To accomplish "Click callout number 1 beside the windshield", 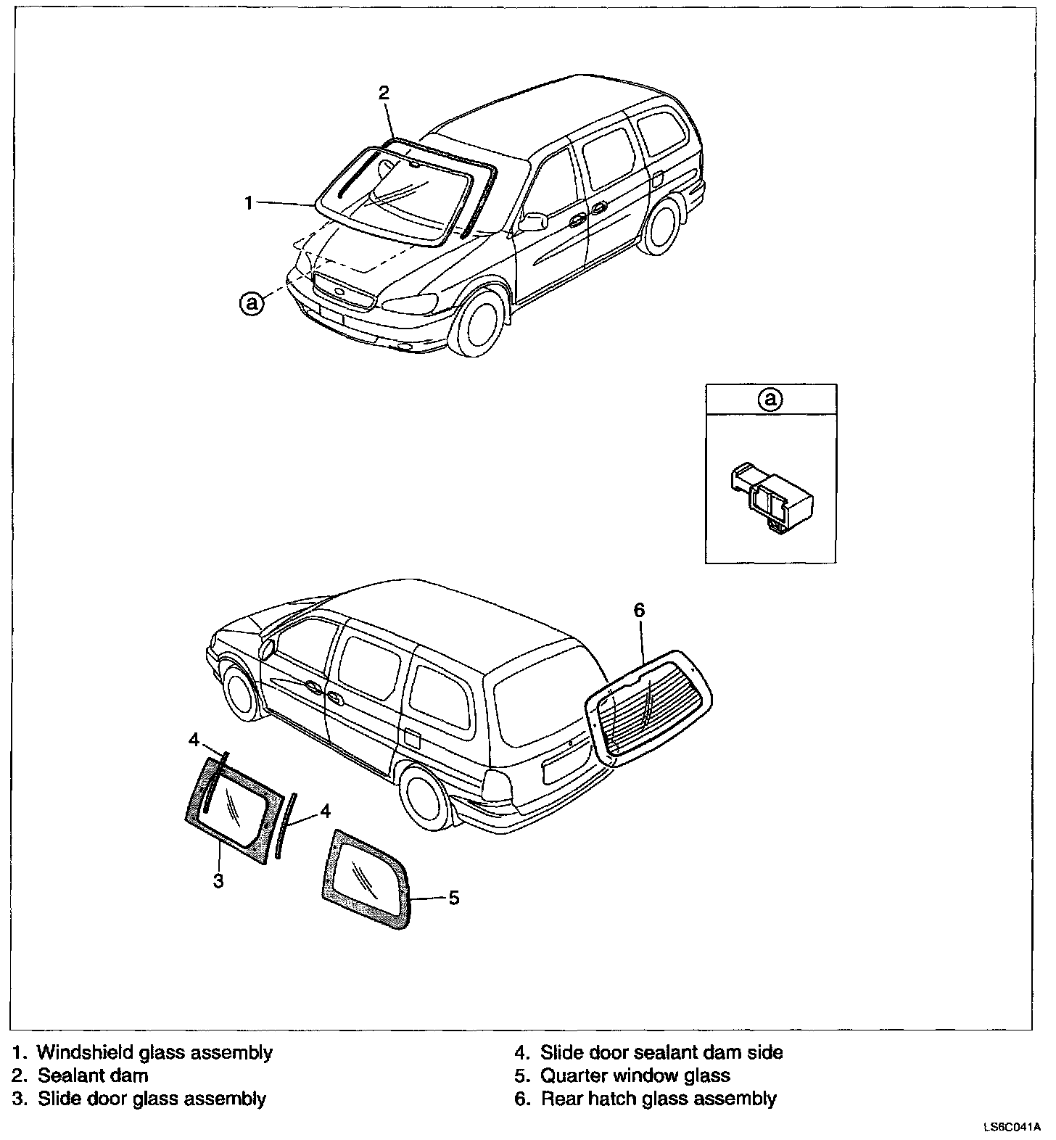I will pos(249,204).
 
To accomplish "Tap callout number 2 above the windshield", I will pos(384,93).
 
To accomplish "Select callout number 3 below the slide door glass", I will pos(218,880).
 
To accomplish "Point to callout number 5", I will pos(454,898).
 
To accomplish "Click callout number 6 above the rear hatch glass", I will pos(639,611).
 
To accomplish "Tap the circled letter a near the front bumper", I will pos(252,303).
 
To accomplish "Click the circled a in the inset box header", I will pos(771,399).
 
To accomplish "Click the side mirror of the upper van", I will pos(532,221).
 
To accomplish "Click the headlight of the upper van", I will pos(411,302).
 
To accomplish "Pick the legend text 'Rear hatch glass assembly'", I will pos(658,1099).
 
